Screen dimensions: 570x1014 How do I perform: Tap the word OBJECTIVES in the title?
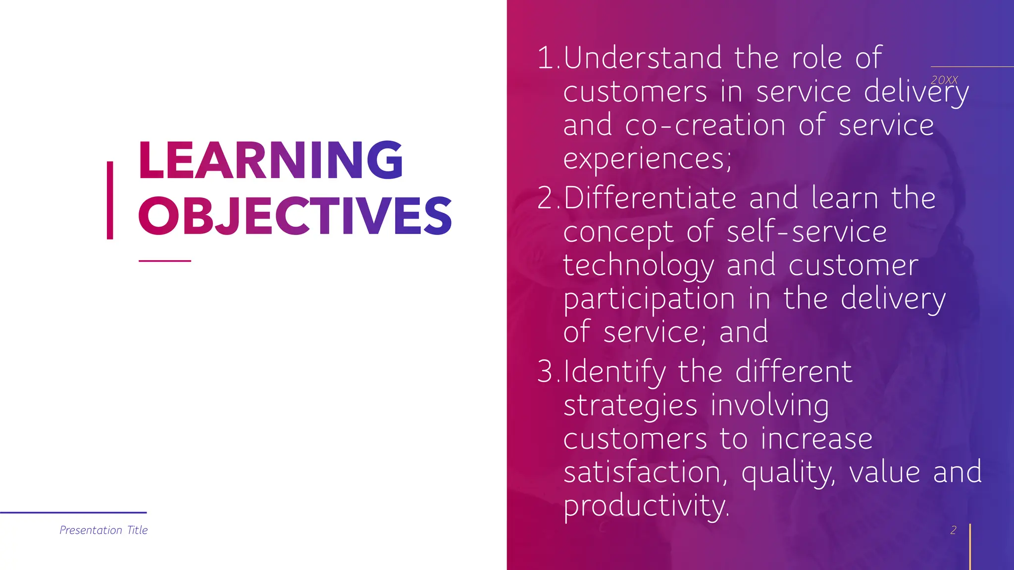[x=295, y=216]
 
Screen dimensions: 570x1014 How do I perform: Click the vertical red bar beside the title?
[x=110, y=200]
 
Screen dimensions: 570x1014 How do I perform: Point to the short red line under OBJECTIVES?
[x=165, y=261]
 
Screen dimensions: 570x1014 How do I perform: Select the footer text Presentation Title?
[x=103, y=530]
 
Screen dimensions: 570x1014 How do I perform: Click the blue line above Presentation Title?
[x=73, y=513]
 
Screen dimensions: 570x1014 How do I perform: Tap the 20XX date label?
[x=944, y=80]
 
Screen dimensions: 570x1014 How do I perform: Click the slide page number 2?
[x=953, y=530]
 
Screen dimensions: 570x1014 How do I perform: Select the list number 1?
[x=546, y=58]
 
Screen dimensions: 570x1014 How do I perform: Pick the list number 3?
[x=546, y=372]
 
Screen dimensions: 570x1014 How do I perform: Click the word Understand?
[x=643, y=58]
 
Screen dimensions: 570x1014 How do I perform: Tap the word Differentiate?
[x=650, y=198]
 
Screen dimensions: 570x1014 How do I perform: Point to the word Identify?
[x=615, y=373]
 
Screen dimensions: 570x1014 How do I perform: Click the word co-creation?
[x=705, y=125]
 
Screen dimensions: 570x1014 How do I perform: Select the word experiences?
[x=647, y=159]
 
